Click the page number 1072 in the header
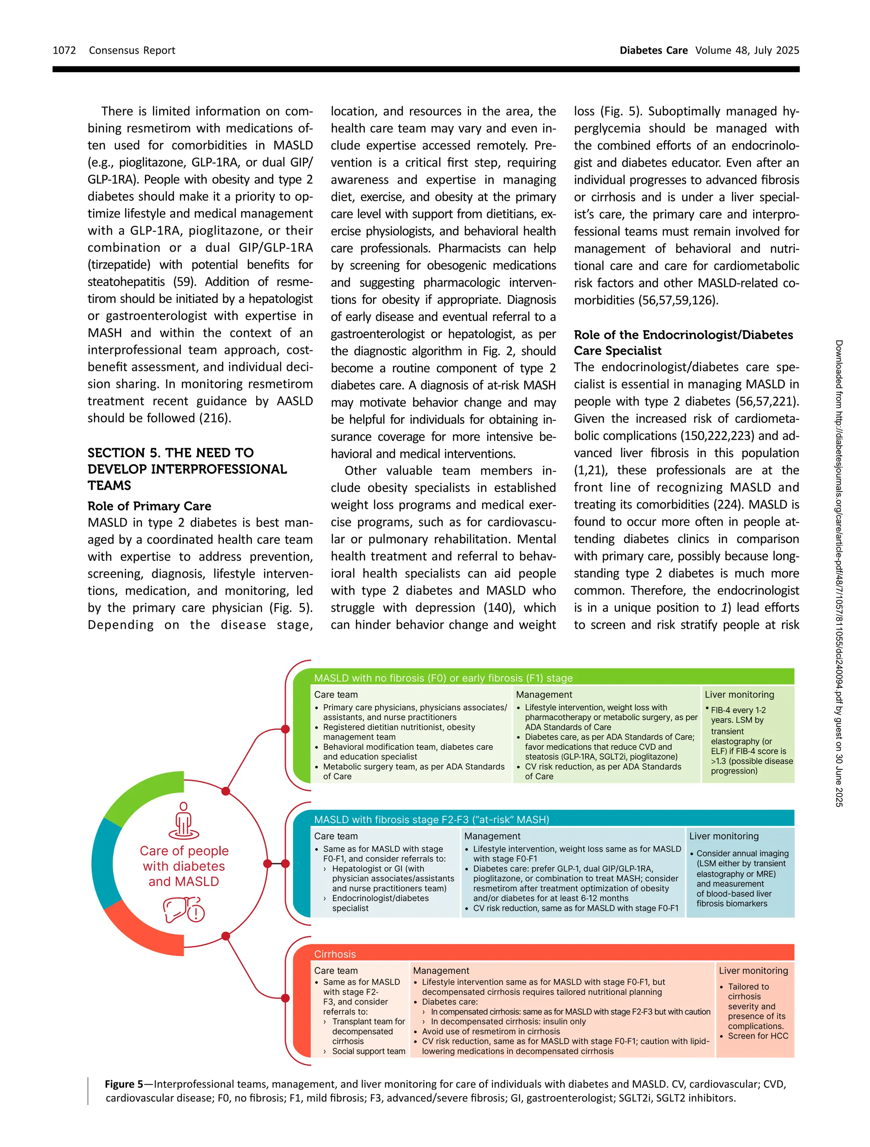click(64, 50)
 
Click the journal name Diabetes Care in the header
click(653, 50)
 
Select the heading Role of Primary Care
click(150, 506)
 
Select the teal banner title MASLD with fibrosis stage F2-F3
click(431, 819)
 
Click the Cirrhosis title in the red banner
click(335, 954)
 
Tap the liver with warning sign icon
click(184, 910)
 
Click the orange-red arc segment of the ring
click(143, 931)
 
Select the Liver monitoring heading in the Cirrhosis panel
click(753, 970)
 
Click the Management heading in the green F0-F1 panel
click(544, 694)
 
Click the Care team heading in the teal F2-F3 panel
click(336, 836)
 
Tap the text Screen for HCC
click(757, 1036)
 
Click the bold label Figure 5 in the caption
click(124, 1084)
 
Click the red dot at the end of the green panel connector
click(285, 729)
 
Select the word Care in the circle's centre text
click(153, 851)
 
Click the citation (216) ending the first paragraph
click(214, 418)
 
